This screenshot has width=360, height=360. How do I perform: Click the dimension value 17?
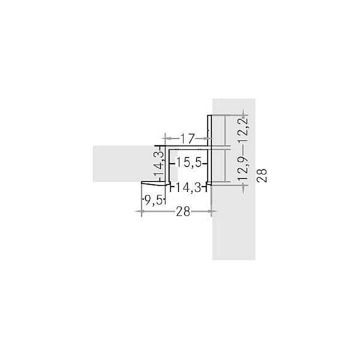[187, 138]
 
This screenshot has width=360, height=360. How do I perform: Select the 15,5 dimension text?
[188, 163]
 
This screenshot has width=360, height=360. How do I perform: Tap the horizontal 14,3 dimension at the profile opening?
[188, 187]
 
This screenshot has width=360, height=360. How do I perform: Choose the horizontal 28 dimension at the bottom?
[183, 211]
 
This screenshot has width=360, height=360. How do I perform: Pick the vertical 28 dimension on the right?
[262, 175]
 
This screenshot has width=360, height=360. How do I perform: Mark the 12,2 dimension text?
[243, 130]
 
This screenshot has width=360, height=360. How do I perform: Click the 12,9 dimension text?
[243, 169]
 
